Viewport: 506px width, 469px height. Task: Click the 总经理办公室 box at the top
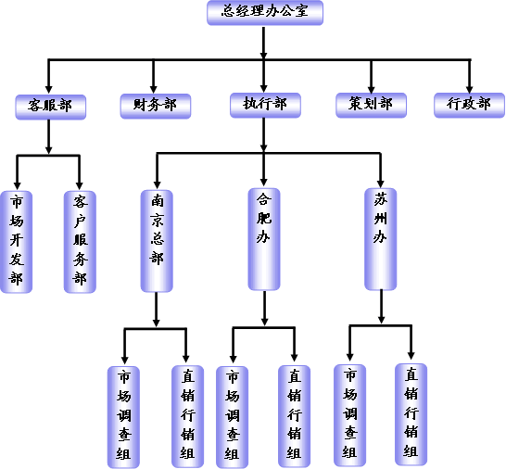coord(265,13)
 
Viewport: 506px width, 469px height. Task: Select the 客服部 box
coord(51,107)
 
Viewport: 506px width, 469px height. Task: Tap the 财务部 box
coord(156,106)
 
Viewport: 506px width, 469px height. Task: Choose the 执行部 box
coord(265,105)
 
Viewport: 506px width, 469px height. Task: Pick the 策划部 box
coord(371,105)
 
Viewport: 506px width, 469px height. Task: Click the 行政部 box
coord(469,105)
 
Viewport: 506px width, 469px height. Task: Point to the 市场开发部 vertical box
coord(17,242)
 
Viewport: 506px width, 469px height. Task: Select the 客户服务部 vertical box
coord(80,242)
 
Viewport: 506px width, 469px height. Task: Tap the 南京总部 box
coord(157,241)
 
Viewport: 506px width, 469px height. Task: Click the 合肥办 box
coord(264,239)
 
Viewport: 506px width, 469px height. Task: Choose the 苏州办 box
coord(381,239)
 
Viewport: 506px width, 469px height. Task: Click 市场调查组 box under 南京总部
coord(123,417)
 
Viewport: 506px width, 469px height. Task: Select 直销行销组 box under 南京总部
coord(187,416)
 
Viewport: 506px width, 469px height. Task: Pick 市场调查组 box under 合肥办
coord(232,417)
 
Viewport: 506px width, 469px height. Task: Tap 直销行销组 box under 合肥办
coord(295,416)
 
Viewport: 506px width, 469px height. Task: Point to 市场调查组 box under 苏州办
coord(349,415)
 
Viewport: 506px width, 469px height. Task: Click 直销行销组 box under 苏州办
coord(411,414)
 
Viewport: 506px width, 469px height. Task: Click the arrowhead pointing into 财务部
coord(154,89)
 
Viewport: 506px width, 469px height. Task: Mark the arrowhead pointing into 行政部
coord(470,89)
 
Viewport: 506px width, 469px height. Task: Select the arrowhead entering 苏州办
coord(381,184)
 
